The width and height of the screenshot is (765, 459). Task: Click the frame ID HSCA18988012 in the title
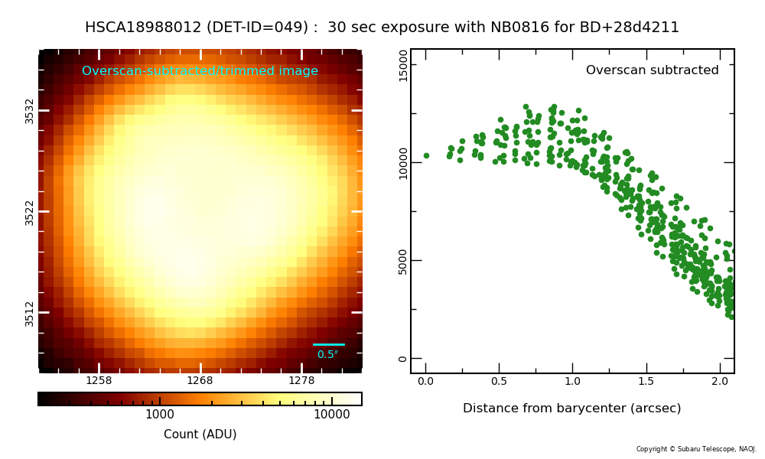[143, 28]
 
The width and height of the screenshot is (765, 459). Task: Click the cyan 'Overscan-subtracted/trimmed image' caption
[200, 70]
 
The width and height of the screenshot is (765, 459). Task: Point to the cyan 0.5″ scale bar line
[329, 344]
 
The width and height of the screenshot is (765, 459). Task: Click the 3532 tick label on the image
[29, 111]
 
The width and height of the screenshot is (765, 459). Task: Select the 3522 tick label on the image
[29, 212]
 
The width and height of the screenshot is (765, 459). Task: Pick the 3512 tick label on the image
[29, 313]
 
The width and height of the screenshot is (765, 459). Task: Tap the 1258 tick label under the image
[99, 380]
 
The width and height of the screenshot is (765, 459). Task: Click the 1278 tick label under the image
[301, 380]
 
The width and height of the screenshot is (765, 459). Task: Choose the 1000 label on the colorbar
[160, 415]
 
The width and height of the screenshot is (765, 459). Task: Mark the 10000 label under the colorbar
[332, 415]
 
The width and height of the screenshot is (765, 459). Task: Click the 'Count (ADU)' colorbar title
[200, 434]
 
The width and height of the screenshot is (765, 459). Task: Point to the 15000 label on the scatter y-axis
[403, 66]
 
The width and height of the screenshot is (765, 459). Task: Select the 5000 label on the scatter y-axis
[403, 262]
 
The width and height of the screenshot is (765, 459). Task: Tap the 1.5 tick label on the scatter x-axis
[646, 381]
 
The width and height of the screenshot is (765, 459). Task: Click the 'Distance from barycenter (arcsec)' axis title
[571, 409]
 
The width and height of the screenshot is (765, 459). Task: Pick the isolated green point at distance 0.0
[426, 155]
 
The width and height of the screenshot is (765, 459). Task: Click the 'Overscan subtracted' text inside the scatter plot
[653, 70]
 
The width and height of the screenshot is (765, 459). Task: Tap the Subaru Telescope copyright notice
[696, 449]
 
